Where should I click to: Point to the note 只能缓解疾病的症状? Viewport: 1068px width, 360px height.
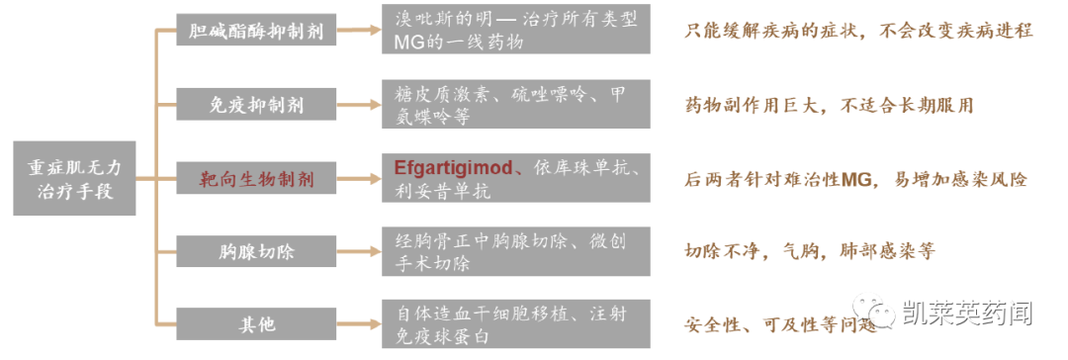click(858, 30)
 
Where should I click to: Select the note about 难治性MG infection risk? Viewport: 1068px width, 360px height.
click(856, 179)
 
